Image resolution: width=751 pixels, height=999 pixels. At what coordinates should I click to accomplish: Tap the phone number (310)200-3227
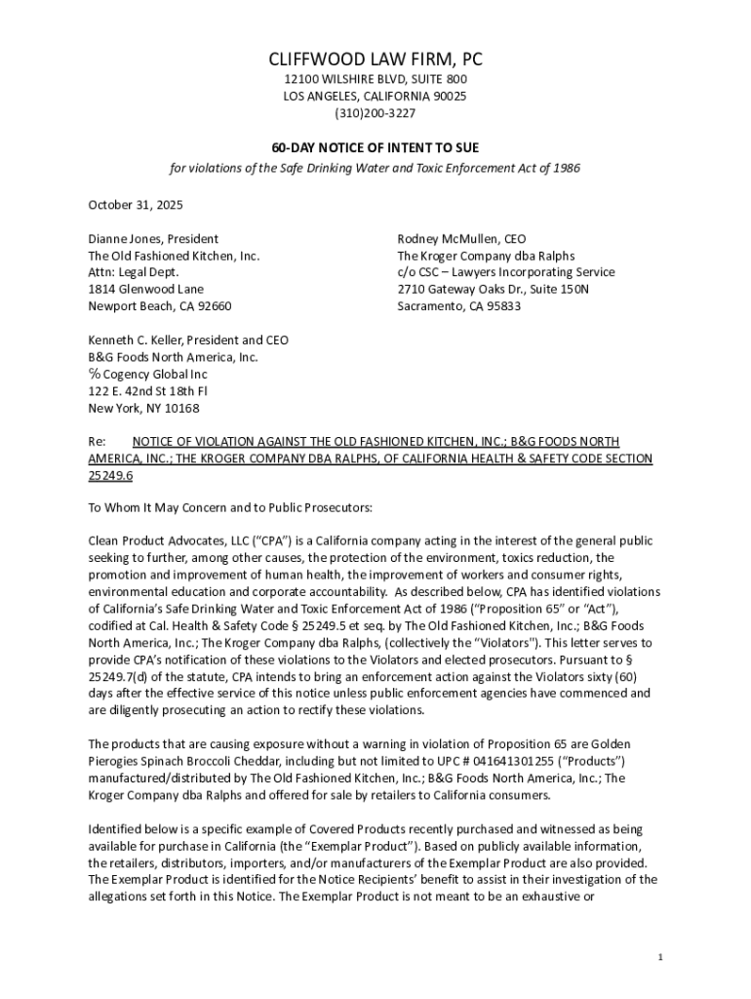tap(375, 113)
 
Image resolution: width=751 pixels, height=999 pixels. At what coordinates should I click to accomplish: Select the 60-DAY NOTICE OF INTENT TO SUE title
tap(375, 147)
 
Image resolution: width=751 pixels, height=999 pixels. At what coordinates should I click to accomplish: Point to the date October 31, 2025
tap(136, 205)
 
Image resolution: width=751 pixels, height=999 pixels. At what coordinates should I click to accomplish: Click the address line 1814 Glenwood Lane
tap(146, 290)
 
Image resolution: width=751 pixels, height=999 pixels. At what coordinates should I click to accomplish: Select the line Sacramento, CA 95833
tap(458, 306)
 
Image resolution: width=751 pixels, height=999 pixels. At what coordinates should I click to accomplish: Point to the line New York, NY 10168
tap(143, 408)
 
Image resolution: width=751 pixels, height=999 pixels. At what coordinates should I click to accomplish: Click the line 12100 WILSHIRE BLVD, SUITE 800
tap(375, 79)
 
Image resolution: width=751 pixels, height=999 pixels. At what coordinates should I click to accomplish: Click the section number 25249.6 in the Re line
tap(110, 475)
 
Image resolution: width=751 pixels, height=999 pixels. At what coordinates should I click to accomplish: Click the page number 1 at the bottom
tap(660, 957)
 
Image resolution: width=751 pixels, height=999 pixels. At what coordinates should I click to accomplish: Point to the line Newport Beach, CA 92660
tap(160, 306)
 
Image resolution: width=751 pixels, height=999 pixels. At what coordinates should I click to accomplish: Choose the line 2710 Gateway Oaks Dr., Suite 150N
tap(493, 290)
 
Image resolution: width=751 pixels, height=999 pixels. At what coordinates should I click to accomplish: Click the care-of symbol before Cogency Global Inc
tap(95, 374)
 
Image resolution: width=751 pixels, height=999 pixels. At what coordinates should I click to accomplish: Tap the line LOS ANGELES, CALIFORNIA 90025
tap(375, 97)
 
